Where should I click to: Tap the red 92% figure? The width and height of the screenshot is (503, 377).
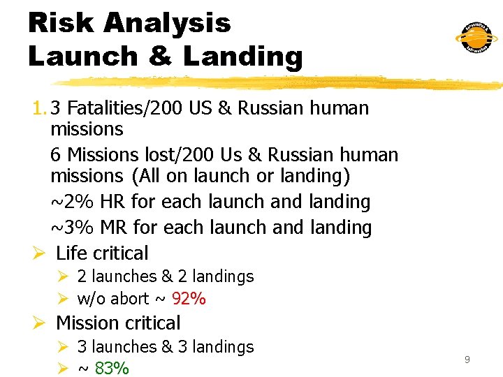pyautogui.click(x=189, y=299)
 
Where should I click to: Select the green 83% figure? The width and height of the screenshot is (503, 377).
pyautogui.click(x=112, y=368)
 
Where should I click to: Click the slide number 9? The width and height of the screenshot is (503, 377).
pyautogui.click(x=467, y=360)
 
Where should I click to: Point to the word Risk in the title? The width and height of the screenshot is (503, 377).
pyautogui.click(x=59, y=23)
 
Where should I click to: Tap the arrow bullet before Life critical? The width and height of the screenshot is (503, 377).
pyautogui.click(x=39, y=253)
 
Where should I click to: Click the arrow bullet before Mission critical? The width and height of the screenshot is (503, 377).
pyautogui.click(x=39, y=323)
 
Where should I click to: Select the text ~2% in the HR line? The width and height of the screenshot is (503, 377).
pyautogui.click(x=73, y=202)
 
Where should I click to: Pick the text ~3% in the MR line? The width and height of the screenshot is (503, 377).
pyautogui.click(x=73, y=228)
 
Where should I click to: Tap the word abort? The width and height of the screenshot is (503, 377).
pyautogui.click(x=130, y=299)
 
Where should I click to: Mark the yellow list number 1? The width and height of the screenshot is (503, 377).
pyautogui.click(x=37, y=108)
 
